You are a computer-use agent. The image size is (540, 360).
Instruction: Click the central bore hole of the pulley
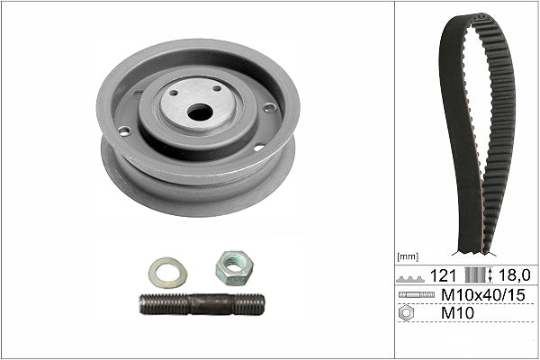[200, 112]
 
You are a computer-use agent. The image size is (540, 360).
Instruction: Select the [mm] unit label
[409, 256]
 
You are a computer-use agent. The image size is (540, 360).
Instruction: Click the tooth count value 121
[443, 274]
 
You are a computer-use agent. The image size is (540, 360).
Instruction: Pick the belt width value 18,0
[514, 274]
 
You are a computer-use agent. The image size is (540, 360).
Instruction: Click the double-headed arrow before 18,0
[490, 274]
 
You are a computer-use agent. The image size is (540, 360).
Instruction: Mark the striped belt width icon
[474, 274]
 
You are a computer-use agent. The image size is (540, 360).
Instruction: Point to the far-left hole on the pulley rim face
[124, 131]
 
